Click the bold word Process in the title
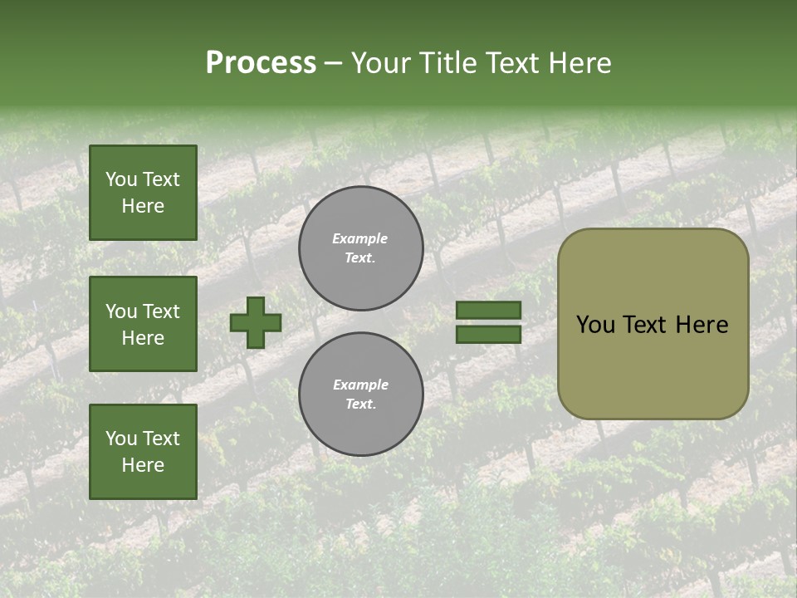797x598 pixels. point(261,62)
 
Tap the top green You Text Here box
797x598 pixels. point(143,193)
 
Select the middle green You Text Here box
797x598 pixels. point(143,324)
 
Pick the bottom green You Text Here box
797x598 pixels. point(143,452)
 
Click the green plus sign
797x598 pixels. point(256,322)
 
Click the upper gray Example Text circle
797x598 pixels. point(361,248)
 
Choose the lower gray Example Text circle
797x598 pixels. point(361,395)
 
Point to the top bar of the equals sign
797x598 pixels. point(488,311)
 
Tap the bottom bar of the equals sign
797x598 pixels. point(488,334)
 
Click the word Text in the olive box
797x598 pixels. point(645,325)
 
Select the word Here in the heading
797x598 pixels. point(580,62)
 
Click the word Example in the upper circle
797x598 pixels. point(359,238)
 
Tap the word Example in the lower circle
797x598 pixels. point(360,385)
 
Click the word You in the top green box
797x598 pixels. point(121,179)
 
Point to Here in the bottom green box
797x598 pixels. point(143,465)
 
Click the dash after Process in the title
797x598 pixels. point(333,62)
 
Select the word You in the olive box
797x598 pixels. point(595,325)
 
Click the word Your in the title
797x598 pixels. point(380,62)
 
